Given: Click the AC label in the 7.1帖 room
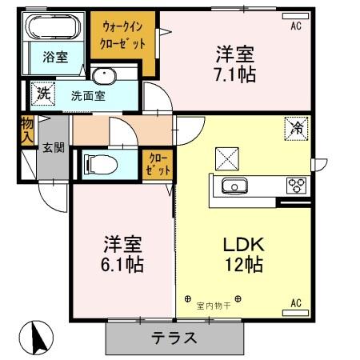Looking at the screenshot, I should click(296, 26).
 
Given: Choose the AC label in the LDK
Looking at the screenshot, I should click(295, 302).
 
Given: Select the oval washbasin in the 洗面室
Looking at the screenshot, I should click(103, 77).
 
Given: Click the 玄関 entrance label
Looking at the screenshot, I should click(53, 147).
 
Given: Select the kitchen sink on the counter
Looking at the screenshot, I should click(234, 186).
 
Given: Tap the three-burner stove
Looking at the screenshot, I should click(296, 186).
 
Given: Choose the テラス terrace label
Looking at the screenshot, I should click(174, 338).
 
